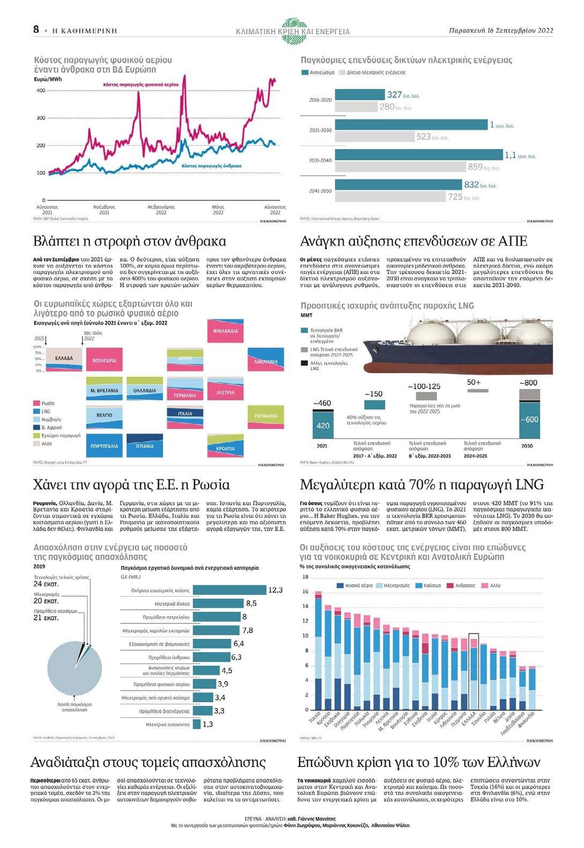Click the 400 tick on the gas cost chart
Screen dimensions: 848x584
[x=41, y=91]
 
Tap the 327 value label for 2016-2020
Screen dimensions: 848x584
[x=395, y=95]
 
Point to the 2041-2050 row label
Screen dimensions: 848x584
[x=320, y=191]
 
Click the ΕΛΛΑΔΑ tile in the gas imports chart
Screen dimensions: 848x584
[x=64, y=358]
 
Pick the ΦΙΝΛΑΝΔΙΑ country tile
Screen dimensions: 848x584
[x=225, y=331]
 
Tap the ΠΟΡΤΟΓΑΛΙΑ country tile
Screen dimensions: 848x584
[x=104, y=445]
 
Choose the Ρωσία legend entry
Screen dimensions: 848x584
[x=48, y=403]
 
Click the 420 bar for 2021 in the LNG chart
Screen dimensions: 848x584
[x=323, y=425]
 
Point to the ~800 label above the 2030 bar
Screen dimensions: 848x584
[x=528, y=383]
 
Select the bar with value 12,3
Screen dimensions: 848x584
[x=230, y=590]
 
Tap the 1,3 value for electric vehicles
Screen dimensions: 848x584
[x=208, y=724]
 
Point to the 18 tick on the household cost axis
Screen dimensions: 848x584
[x=306, y=577]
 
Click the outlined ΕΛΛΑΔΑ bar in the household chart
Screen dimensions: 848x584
[x=473, y=672]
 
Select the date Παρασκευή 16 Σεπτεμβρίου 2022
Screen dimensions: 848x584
[x=501, y=31]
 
